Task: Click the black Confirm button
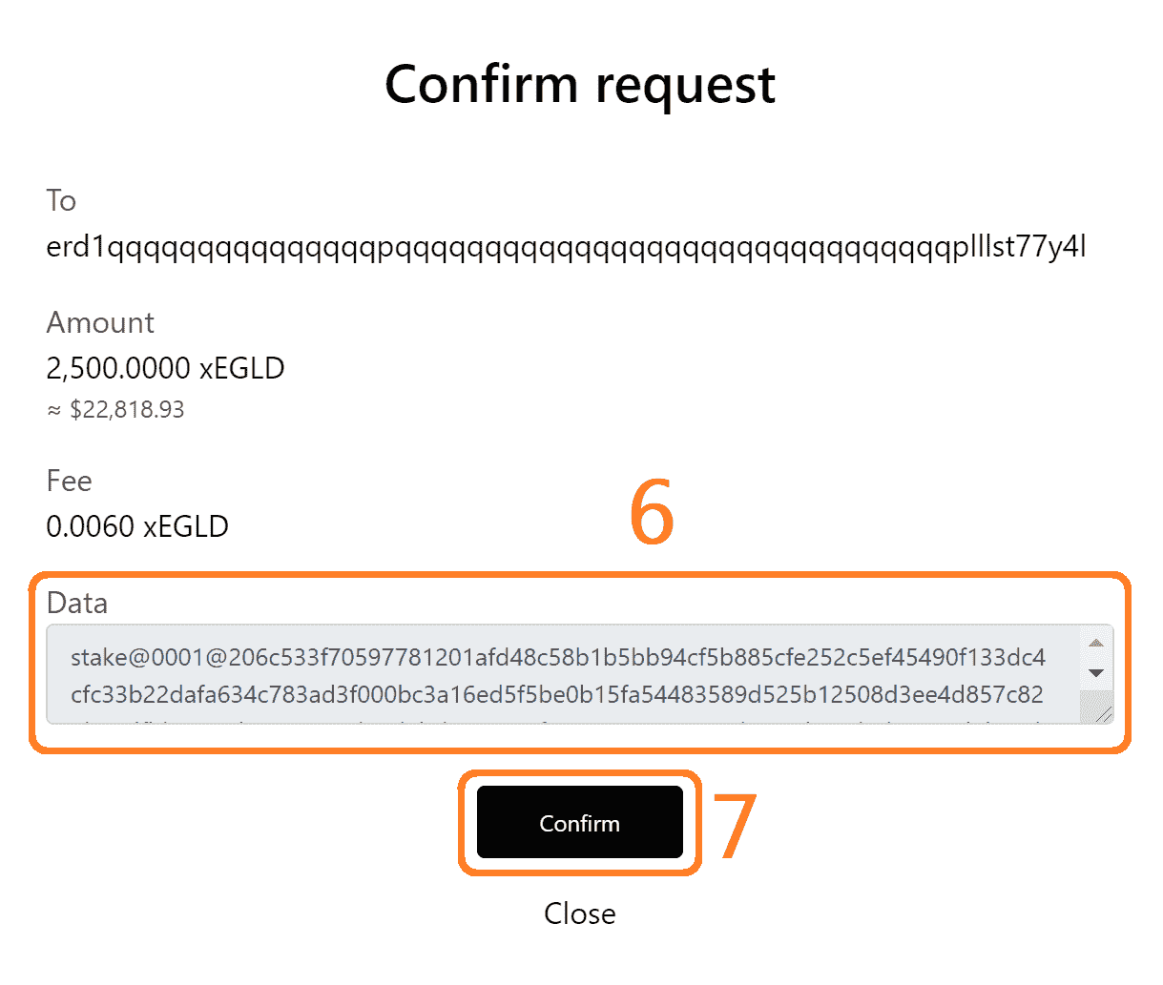[579, 822]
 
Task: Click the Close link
[579, 913]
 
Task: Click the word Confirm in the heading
[481, 84]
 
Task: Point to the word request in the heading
[685, 86]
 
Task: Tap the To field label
[61, 200]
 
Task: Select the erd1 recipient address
[566, 247]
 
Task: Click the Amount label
[100, 322]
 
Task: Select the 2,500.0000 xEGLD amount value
[165, 368]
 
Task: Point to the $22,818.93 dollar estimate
[127, 410]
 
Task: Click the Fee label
[69, 481]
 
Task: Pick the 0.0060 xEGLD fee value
[137, 526]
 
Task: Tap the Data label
[76, 603]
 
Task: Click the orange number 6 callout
[652, 513]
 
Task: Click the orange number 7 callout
[736, 826]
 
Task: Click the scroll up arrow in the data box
[1096, 643]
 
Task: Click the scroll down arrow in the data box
[1096, 673]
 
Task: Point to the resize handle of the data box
[1103, 713]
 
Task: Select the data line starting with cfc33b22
[556, 694]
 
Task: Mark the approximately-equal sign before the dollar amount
[54, 410]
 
